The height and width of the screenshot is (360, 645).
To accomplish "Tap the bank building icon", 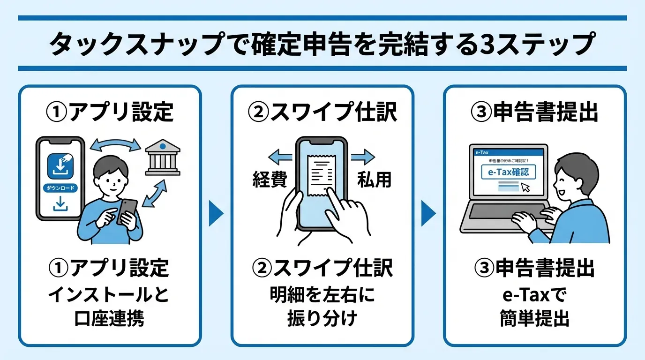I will (162, 159).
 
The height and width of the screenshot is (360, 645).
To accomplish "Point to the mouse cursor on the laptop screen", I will (526, 187).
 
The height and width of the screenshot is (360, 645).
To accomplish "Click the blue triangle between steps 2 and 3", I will (428, 214).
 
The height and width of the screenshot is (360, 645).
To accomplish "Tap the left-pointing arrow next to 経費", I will (279, 157).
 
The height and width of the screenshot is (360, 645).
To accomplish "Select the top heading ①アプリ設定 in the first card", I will (110, 112).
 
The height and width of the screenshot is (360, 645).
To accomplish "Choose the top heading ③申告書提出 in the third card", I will (534, 112).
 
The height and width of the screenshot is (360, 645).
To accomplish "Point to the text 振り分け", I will (322, 319).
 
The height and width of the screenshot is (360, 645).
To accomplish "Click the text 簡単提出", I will (534, 319).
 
